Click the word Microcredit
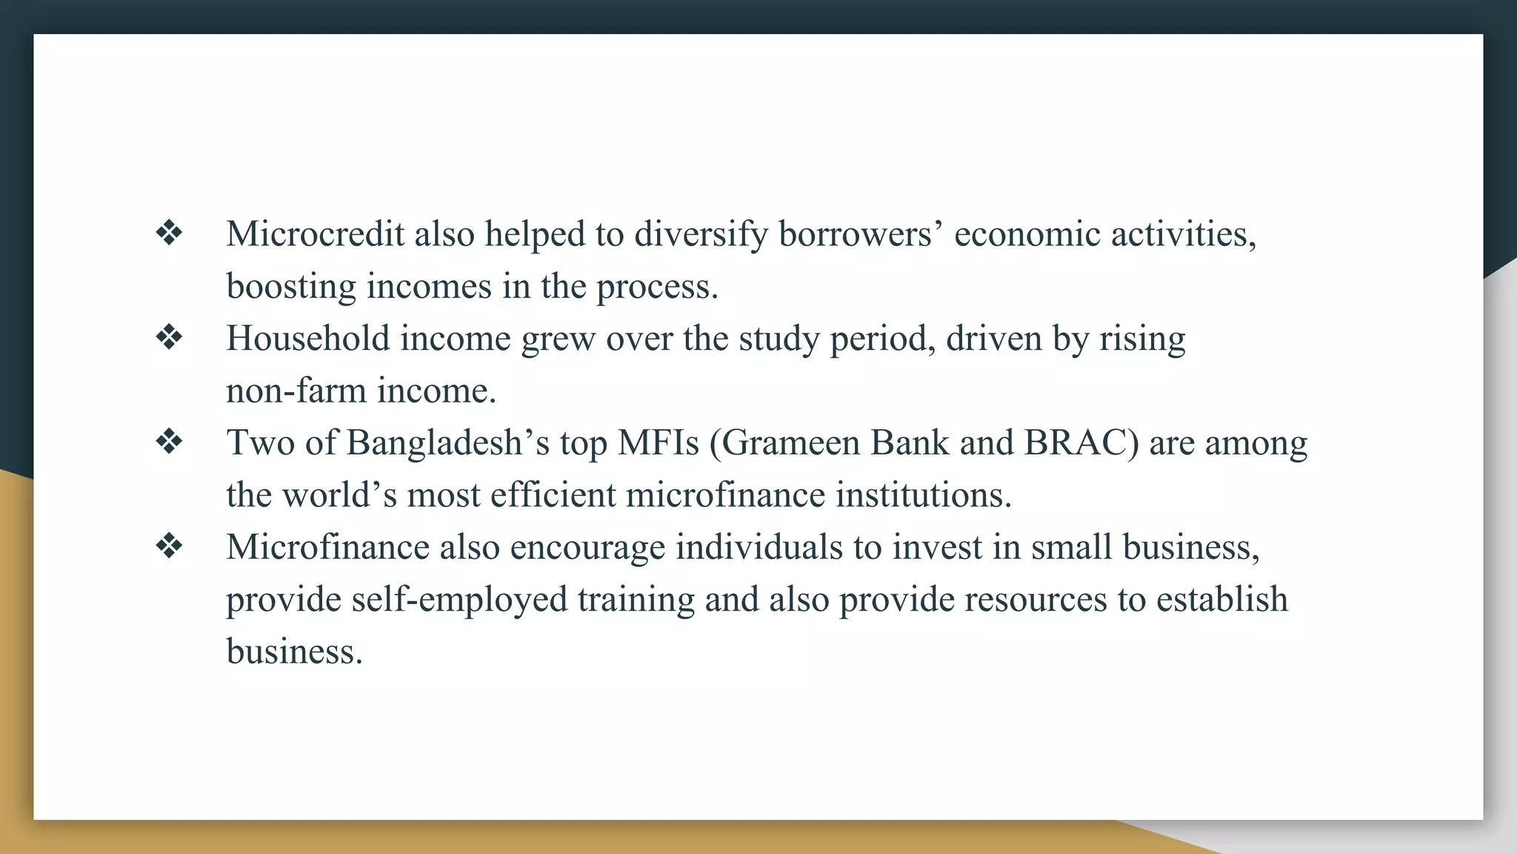tap(315, 234)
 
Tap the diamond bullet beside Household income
tap(169, 338)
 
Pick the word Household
tap(307, 339)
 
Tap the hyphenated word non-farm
tap(296, 391)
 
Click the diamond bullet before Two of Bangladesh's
tap(169, 443)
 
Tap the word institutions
tap(923, 495)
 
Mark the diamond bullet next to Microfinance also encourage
tap(169, 547)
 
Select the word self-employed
tap(459, 599)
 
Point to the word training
tap(636, 599)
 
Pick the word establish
tap(1221, 599)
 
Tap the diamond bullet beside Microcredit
tap(169, 234)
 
